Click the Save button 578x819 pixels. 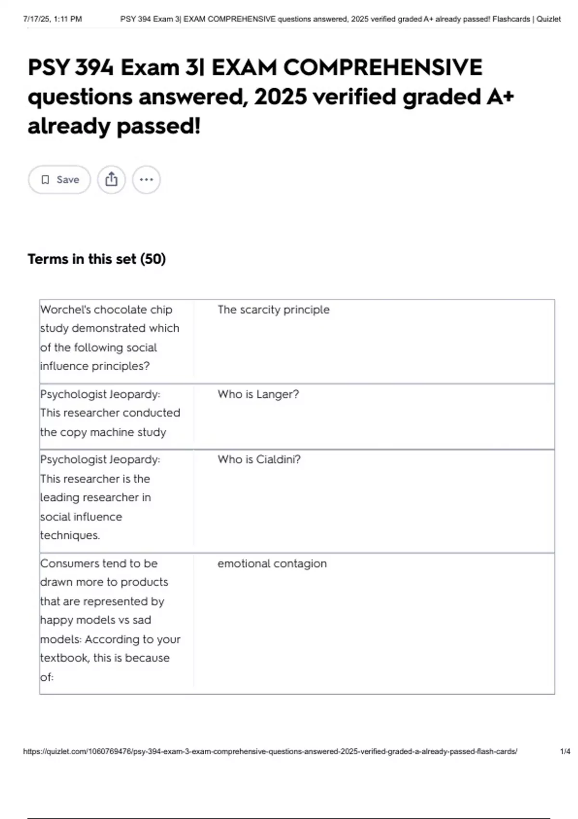click(59, 180)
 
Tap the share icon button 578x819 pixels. click(111, 180)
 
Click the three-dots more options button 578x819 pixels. click(146, 180)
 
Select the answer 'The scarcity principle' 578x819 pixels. click(273, 310)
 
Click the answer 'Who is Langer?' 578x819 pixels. click(258, 395)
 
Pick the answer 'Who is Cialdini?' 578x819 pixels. click(259, 460)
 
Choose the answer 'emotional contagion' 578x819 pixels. click(272, 564)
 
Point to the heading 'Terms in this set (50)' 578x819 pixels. click(96, 259)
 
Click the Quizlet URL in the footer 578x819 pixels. click(270, 752)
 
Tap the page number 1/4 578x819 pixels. click(565, 752)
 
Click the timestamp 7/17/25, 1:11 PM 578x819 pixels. click(53, 19)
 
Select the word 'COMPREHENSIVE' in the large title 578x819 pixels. click(382, 67)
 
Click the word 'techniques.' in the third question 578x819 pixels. click(70, 535)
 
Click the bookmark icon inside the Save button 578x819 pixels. click(45, 180)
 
